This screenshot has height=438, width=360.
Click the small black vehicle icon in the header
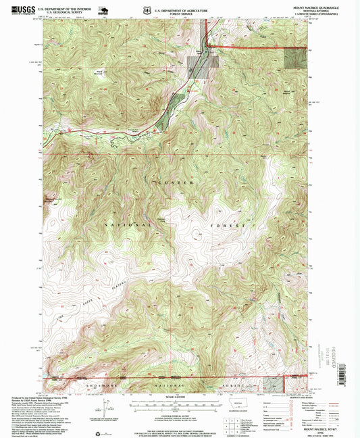tap(105, 9)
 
